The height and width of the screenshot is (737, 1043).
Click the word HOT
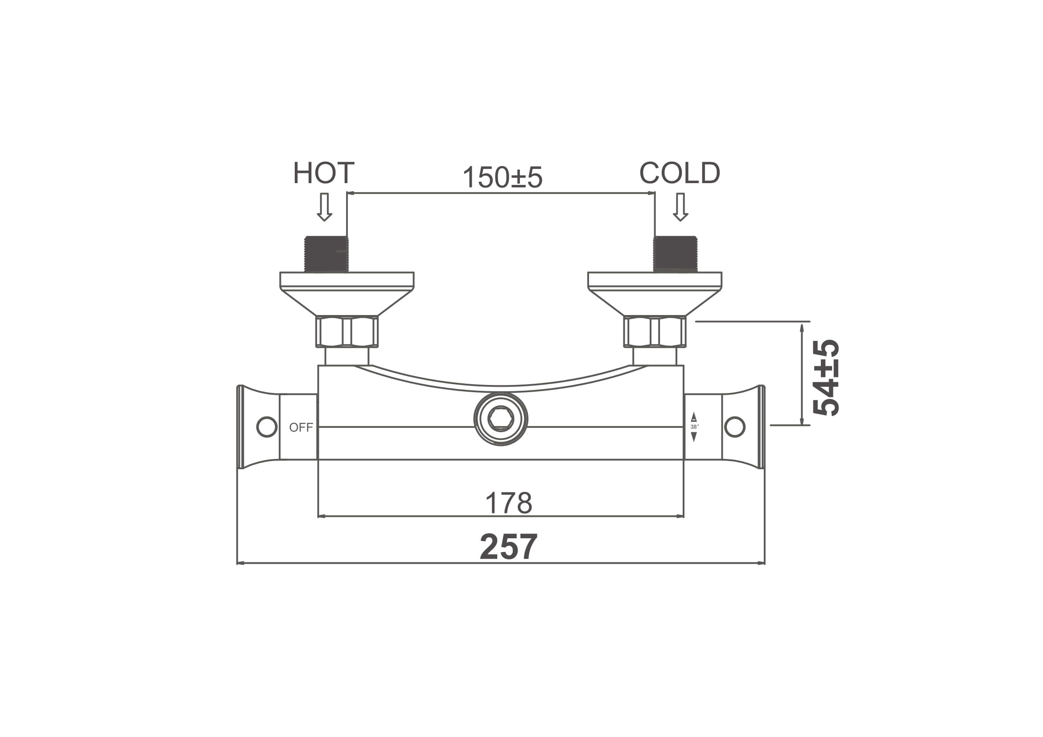[x=323, y=173]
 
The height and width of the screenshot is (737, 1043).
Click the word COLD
[x=680, y=173]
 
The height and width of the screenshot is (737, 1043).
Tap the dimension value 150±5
[x=503, y=177]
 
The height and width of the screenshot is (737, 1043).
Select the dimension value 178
[x=508, y=502]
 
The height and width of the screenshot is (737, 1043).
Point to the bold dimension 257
[x=508, y=547]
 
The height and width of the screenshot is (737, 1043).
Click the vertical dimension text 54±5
[x=825, y=377]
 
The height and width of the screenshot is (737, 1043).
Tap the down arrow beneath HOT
[x=324, y=207]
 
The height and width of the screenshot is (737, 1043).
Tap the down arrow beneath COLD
[x=680, y=207]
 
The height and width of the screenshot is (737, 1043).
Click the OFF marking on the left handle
[x=301, y=427]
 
